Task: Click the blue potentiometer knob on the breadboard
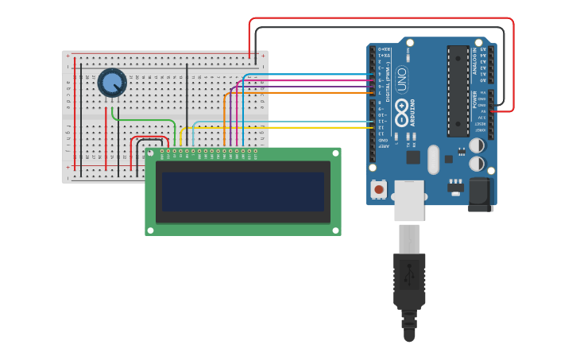[x=112, y=82]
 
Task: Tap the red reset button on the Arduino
[x=380, y=190]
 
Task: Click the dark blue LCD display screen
[x=243, y=192]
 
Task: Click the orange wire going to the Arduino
[x=302, y=93]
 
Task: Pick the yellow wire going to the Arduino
[x=278, y=127]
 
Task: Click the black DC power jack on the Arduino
[x=480, y=194]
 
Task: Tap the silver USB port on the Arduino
[x=410, y=199]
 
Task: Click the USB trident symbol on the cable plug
[x=410, y=274]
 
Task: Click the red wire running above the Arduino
[x=381, y=18]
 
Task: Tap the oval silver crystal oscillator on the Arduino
[x=432, y=159]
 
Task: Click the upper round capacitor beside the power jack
[x=478, y=146]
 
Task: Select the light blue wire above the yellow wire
[x=278, y=122]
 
